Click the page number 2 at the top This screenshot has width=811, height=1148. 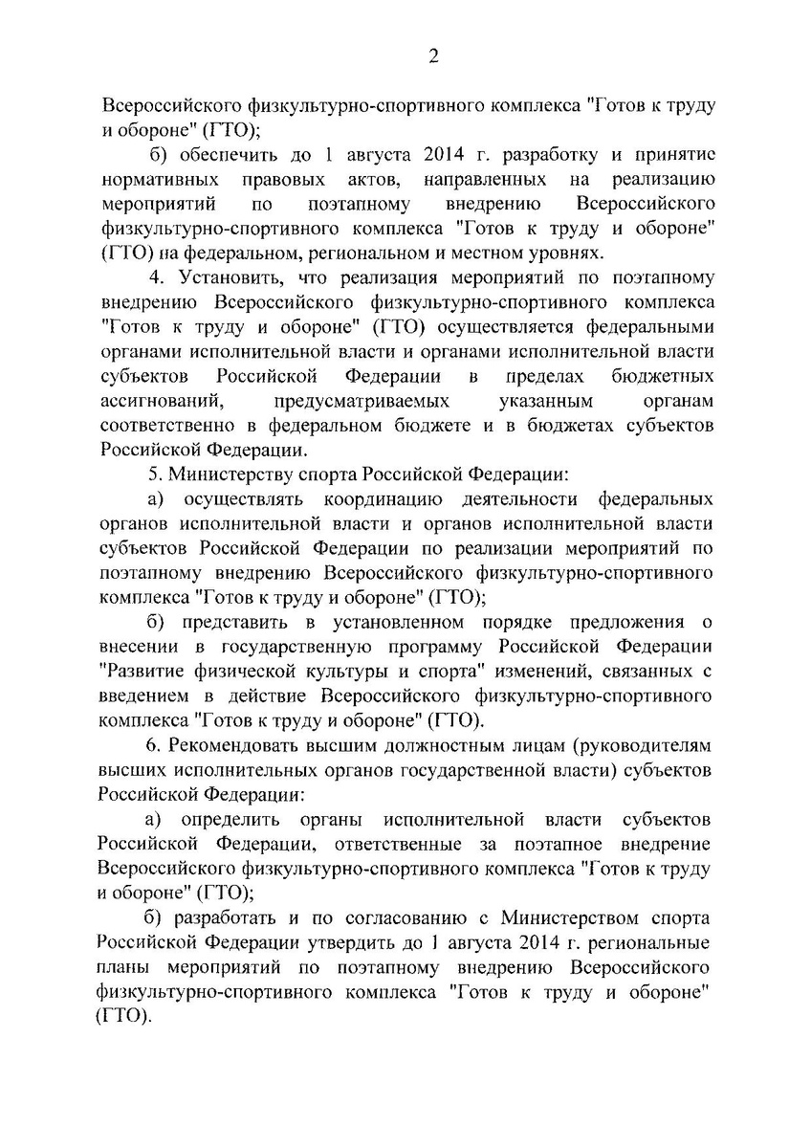[x=432, y=56]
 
